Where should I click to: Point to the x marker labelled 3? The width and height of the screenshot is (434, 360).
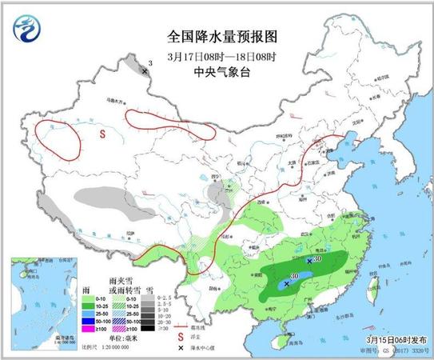[145, 71]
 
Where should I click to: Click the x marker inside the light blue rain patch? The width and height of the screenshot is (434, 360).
[286, 284]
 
